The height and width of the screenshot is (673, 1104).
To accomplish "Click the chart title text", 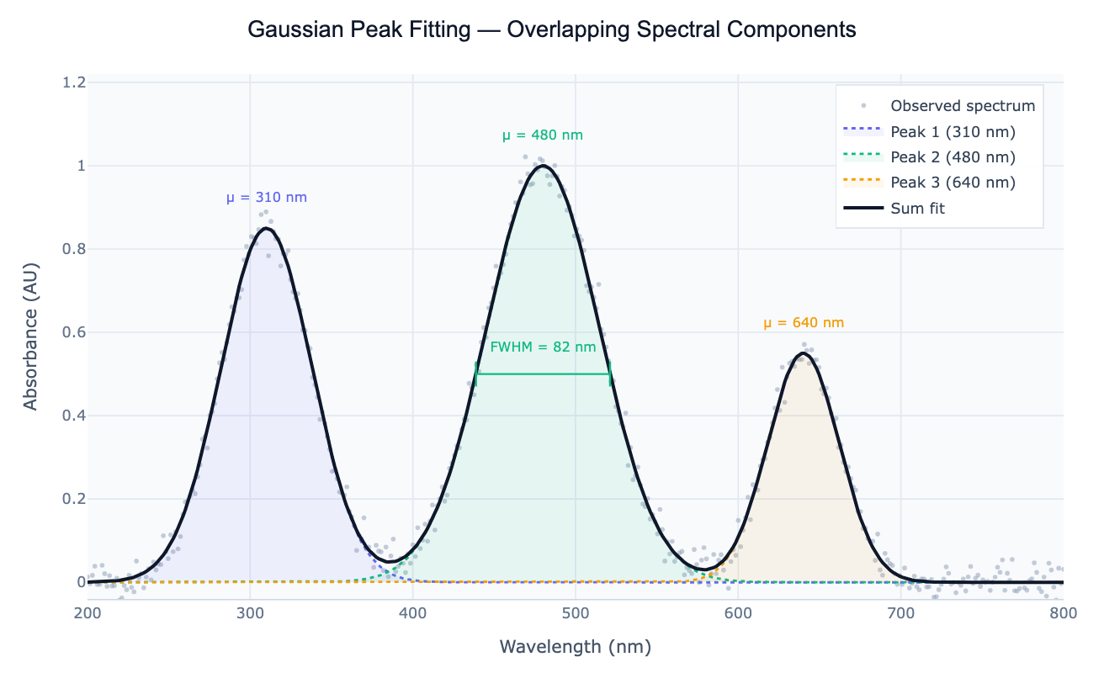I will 552,29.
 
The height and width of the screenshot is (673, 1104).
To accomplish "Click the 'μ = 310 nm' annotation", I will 267,198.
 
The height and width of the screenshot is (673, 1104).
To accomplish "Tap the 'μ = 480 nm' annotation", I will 543,135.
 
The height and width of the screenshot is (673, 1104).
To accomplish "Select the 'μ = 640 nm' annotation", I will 804,322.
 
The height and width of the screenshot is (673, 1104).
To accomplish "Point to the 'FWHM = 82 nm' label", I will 543,347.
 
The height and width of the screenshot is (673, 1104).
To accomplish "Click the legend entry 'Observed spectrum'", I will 963,106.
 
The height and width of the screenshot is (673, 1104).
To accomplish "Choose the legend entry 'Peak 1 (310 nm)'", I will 953,132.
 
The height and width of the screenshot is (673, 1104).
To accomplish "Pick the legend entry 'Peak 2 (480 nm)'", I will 953,157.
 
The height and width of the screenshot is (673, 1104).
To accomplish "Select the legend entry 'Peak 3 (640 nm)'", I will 953,183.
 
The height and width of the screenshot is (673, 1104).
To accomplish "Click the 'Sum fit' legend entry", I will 917,208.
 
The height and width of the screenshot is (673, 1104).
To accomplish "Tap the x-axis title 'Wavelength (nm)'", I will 576,646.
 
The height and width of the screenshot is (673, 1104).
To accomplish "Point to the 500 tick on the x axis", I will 576,614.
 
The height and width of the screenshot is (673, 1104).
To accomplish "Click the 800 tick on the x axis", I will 1063,614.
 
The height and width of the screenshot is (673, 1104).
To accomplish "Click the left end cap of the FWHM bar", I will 476,374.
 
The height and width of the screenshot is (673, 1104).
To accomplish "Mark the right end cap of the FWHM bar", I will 610,374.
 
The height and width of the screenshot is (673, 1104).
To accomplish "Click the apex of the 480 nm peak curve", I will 543,166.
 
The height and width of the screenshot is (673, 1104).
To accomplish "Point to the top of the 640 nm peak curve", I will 803,353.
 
